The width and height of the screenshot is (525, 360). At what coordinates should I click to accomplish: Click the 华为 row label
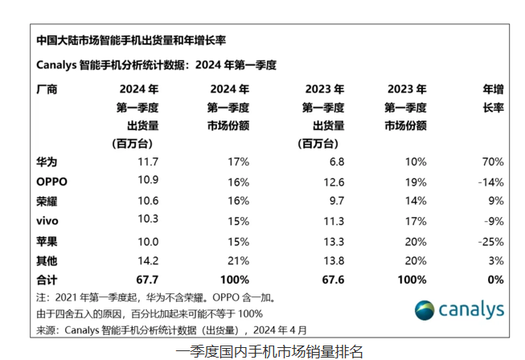click(47, 162)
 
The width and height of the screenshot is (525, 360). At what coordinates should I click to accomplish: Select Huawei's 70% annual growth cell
click(492, 162)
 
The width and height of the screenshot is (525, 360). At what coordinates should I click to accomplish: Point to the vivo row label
click(48, 220)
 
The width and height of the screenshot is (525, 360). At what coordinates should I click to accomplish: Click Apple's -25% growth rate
click(490, 240)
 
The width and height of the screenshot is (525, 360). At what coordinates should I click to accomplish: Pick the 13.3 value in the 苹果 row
click(332, 240)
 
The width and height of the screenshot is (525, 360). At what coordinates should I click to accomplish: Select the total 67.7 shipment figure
click(146, 280)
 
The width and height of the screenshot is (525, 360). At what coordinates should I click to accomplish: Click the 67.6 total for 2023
click(331, 280)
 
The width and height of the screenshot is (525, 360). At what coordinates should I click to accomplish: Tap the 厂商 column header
click(47, 89)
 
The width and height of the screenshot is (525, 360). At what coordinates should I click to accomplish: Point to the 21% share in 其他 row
click(239, 260)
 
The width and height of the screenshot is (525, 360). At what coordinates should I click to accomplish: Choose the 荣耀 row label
click(47, 201)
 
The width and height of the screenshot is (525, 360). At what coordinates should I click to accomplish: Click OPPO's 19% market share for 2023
click(416, 182)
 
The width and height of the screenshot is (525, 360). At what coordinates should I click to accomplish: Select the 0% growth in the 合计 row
click(494, 280)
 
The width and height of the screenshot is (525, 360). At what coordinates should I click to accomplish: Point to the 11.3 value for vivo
click(332, 220)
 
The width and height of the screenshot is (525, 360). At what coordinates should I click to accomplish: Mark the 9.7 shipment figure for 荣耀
click(335, 201)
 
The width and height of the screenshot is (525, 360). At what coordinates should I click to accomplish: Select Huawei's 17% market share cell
click(239, 162)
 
